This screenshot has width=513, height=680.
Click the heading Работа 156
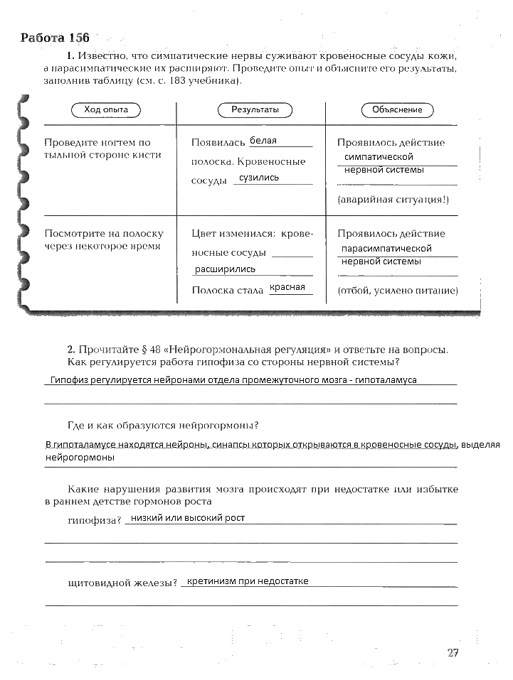coord(55,38)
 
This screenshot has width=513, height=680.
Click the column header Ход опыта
coord(106,109)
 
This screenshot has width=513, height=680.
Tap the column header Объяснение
coord(397,109)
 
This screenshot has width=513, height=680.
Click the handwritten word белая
coord(263,141)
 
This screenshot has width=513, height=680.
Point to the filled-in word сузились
coord(259,178)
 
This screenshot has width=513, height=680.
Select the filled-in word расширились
coord(225,269)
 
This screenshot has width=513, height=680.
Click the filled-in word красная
coord(287,287)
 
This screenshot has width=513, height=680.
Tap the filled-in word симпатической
coord(378,156)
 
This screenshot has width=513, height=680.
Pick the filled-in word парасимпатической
coord(386,249)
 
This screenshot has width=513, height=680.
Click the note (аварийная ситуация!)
coord(393,200)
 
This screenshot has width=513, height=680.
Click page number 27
coord(453,653)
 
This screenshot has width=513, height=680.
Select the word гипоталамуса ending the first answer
coord(385,379)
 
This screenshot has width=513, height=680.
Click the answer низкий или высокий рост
coord(188,518)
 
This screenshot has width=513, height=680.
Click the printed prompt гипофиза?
coord(95,521)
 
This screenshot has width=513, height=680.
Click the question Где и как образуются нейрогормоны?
coord(162,426)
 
